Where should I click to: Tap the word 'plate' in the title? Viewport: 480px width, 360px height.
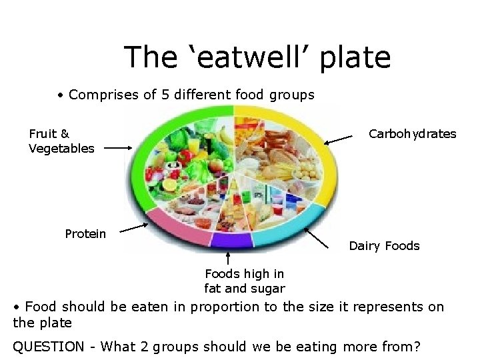pos(355,59)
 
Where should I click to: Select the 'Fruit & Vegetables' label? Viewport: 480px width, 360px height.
pos(61,141)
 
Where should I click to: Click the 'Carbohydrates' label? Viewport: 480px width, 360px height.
pos(413,134)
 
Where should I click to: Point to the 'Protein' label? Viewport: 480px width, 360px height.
pos(85,234)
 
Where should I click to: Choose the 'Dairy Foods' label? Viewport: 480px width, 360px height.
pos(384,246)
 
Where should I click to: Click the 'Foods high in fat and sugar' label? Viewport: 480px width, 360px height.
pos(244,281)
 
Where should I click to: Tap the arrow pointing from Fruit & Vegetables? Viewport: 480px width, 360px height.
pos(119,149)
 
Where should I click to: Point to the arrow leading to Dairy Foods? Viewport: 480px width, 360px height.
pos(316,237)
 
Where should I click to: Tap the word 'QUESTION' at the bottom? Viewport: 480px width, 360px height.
pos(49,347)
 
